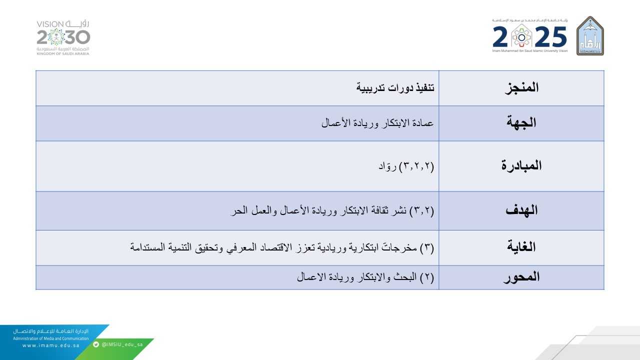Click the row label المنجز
pos(521,87)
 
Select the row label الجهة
pos(521,122)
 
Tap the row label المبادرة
pos(521,165)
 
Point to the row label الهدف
pos(521,210)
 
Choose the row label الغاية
pos(521,246)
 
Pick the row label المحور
pos(521,277)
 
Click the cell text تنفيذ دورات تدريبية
pos(395,87)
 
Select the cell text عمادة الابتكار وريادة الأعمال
pos(377,123)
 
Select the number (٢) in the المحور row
pos(427,277)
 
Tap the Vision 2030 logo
pos(63,37)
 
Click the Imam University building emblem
pos(590,36)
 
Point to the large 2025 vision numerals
pos(529,36)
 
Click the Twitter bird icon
pos(96,344)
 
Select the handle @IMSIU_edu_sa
pos(122,344)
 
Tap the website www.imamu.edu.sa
pos(51,345)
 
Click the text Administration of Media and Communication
pos(51,338)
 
